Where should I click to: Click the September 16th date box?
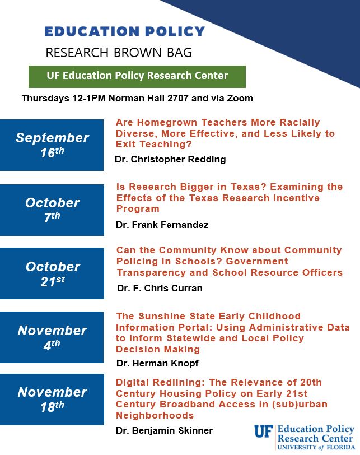tap(52, 145)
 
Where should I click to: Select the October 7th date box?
tap(52, 210)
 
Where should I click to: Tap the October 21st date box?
tap(52, 273)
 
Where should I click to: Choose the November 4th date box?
tap(52, 337)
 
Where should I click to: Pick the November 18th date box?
tap(52, 399)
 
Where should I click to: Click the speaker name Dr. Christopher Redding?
tap(170, 159)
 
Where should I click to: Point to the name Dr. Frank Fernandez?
tap(162, 225)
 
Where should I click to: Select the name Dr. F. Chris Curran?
tap(160, 289)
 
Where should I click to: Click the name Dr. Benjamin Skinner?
tap(165, 431)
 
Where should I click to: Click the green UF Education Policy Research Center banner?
tap(137, 76)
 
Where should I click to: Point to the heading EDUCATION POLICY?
tap(125, 31)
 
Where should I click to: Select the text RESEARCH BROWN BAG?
tap(119, 53)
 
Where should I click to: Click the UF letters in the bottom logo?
tap(264, 431)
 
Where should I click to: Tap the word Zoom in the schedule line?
tap(241, 99)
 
